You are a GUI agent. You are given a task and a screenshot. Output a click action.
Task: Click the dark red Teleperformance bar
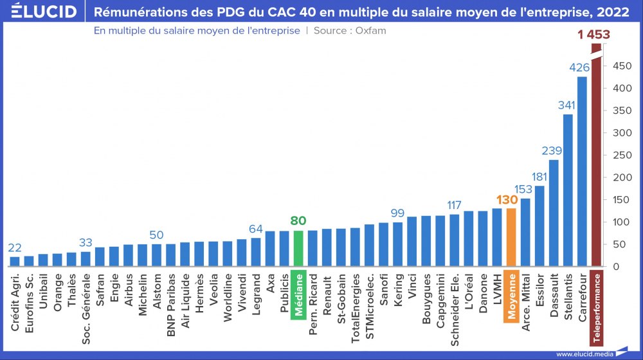(596, 161)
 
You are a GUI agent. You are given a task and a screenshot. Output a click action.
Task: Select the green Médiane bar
(298, 248)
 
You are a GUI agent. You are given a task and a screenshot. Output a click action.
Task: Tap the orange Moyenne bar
(511, 237)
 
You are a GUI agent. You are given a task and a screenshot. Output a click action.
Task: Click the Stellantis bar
(568, 190)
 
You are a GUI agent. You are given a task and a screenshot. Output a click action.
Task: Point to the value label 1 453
(593, 35)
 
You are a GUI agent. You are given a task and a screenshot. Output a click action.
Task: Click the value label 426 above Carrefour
(581, 67)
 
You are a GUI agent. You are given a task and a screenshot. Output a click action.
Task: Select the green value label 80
(298, 221)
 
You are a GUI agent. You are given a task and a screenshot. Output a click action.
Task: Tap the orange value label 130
(507, 199)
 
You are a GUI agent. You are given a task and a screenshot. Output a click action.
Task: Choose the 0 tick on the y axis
(616, 266)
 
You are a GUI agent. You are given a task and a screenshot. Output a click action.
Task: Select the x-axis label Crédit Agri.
(15, 301)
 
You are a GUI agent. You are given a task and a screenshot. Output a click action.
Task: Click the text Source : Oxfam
(350, 30)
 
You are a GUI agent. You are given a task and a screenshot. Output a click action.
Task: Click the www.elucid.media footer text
(583, 354)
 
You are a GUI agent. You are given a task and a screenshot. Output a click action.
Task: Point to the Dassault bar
(554, 213)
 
